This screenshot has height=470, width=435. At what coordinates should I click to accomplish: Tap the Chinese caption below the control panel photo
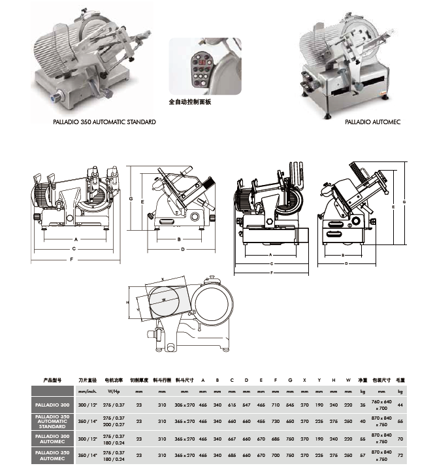point(191,103)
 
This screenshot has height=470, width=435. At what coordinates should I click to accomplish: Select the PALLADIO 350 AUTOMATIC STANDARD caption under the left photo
point(105,122)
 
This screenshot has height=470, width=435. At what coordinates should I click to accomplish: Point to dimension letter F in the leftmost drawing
point(71,260)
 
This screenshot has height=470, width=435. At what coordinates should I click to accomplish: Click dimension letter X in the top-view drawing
point(162,279)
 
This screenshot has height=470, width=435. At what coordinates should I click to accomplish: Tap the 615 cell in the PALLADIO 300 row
point(231,405)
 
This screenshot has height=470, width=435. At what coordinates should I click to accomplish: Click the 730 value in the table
point(275,422)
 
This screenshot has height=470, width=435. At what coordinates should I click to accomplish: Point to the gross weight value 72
point(400,454)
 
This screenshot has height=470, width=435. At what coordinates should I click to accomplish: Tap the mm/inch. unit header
point(87,391)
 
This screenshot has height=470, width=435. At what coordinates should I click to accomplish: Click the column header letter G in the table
point(289,379)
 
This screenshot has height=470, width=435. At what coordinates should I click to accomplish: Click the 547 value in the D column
point(246,405)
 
